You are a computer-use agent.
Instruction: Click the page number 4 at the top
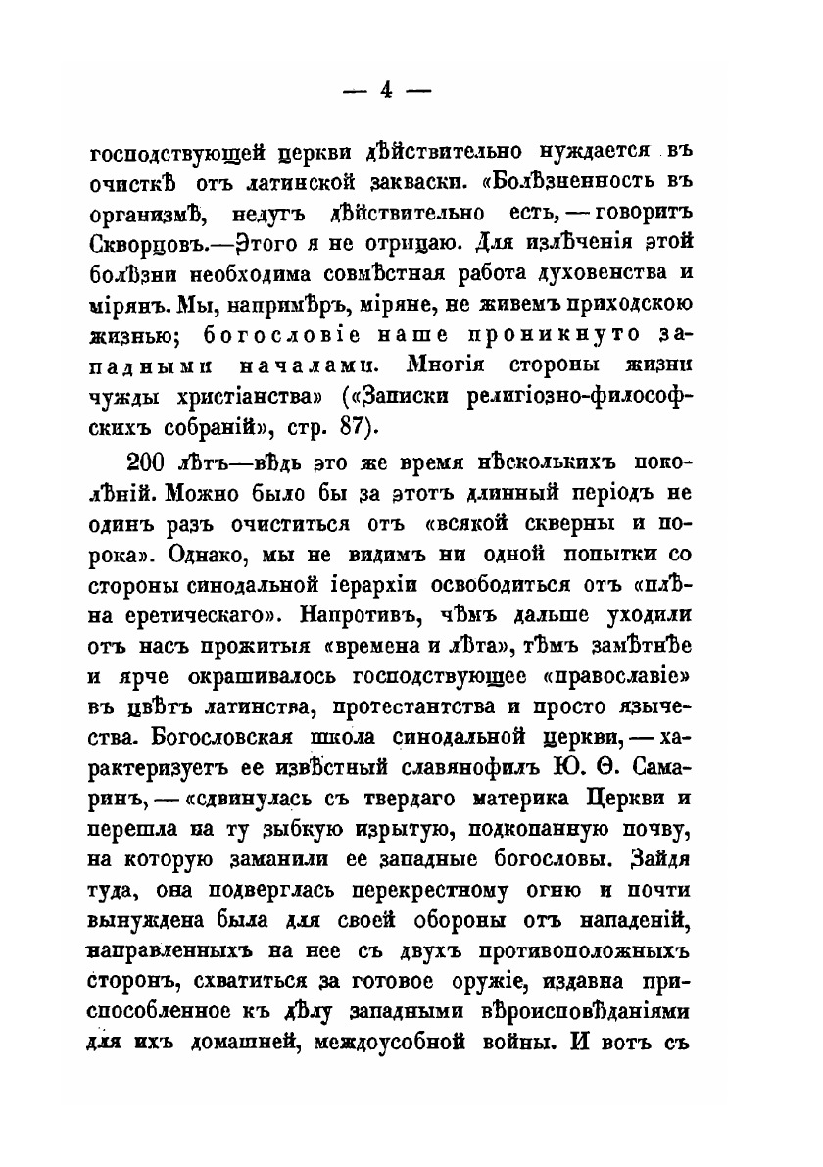click(385, 89)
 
